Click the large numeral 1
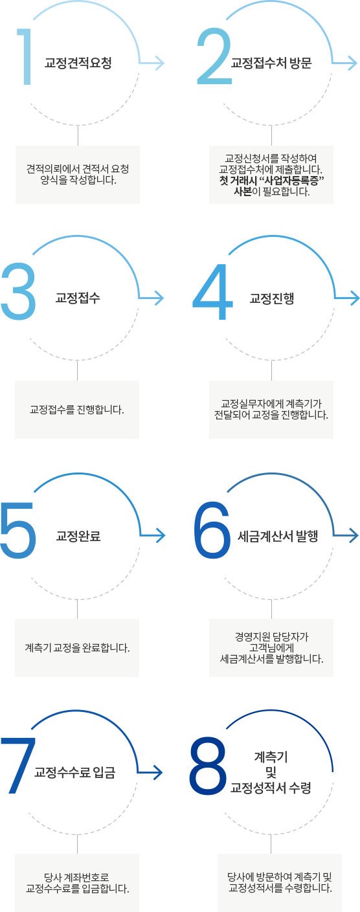pyautogui.click(x=26, y=56)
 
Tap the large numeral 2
pyautogui.click(x=214, y=56)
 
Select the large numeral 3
pyautogui.click(x=18, y=291)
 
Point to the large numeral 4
pyautogui.click(x=212, y=291)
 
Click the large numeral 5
pyautogui.click(x=18, y=530)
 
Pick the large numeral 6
pyautogui.click(x=212, y=529)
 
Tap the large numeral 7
pyautogui.click(x=18, y=766)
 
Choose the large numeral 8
pyautogui.click(x=208, y=766)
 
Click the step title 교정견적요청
pyautogui.click(x=78, y=63)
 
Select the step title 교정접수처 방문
pyautogui.click(x=271, y=63)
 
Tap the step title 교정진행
pyautogui.click(x=272, y=298)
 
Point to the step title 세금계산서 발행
pyautogui.click(x=278, y=536)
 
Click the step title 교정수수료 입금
pyautogui.click(x=75, y=772)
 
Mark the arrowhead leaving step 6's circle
pyautogui.click(x=354, y=535)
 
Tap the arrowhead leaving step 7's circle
pyautogui.click(x=158, y=772)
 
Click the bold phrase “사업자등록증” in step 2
pyautogui.click(x=291, y=180)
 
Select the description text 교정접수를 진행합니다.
pyautogui.click(x=77, y=410)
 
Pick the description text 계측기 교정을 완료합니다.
pyautogui.click(x=78, y=648)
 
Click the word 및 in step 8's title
pyautogui.click(x=271, y=772)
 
